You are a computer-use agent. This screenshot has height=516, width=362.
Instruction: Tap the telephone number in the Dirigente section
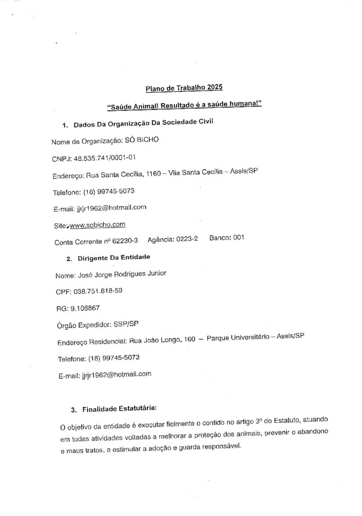pyautogui.click(x=114, y=357)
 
